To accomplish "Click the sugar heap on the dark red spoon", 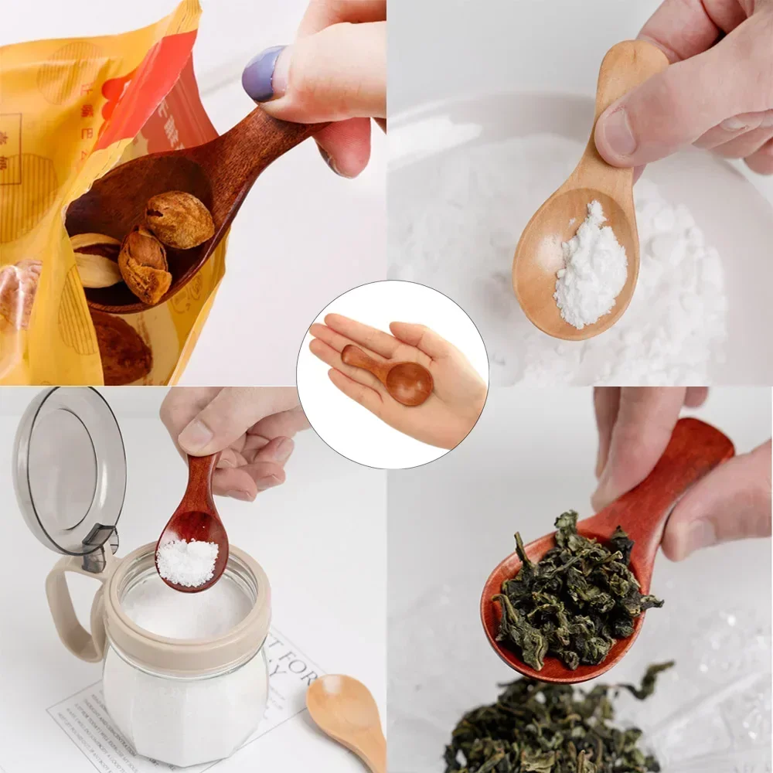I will (x=188, y=561).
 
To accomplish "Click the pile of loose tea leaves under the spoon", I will (x=549, y=727).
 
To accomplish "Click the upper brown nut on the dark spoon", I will (x=179, y=220).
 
